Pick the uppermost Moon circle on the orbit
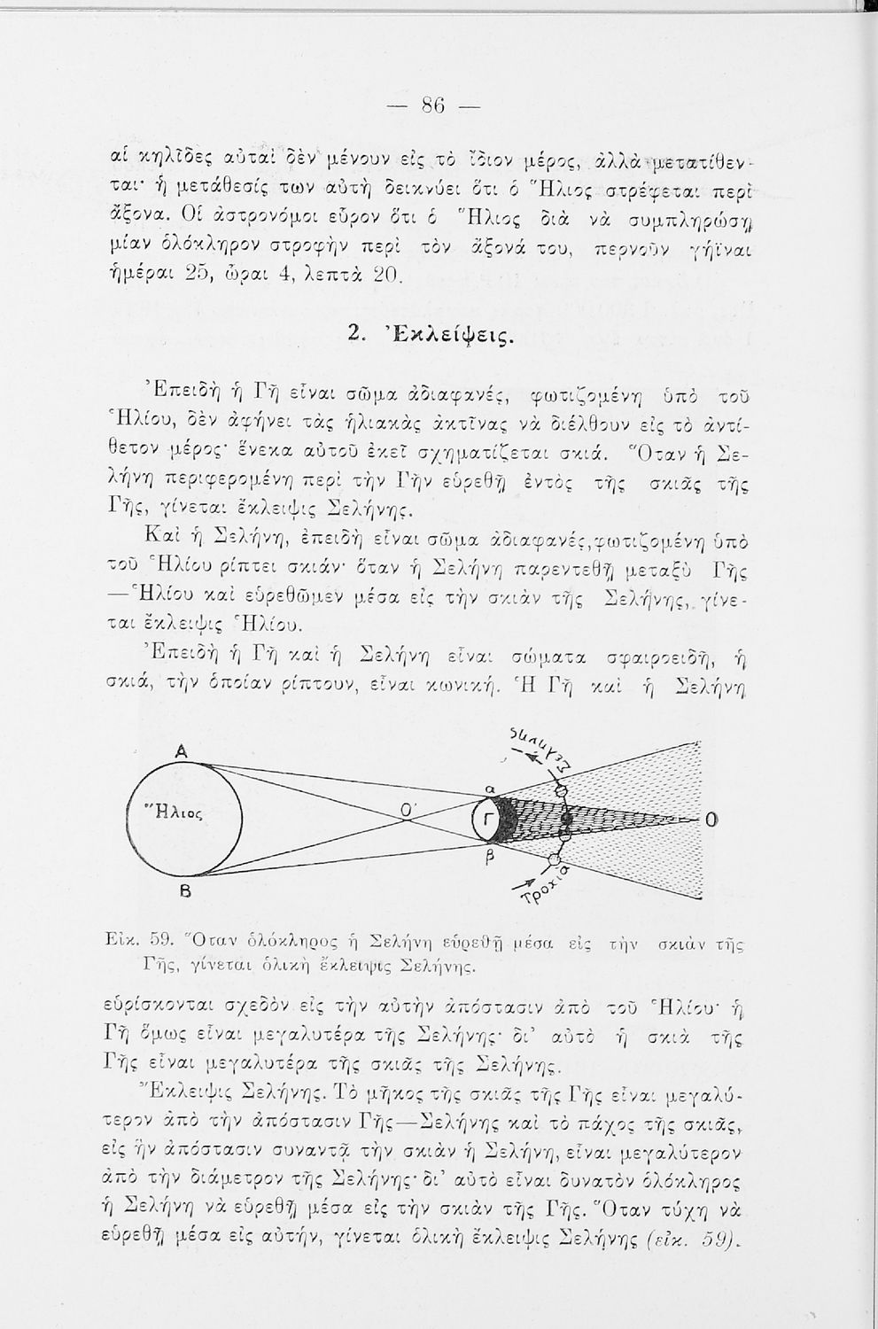pos(560,790)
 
